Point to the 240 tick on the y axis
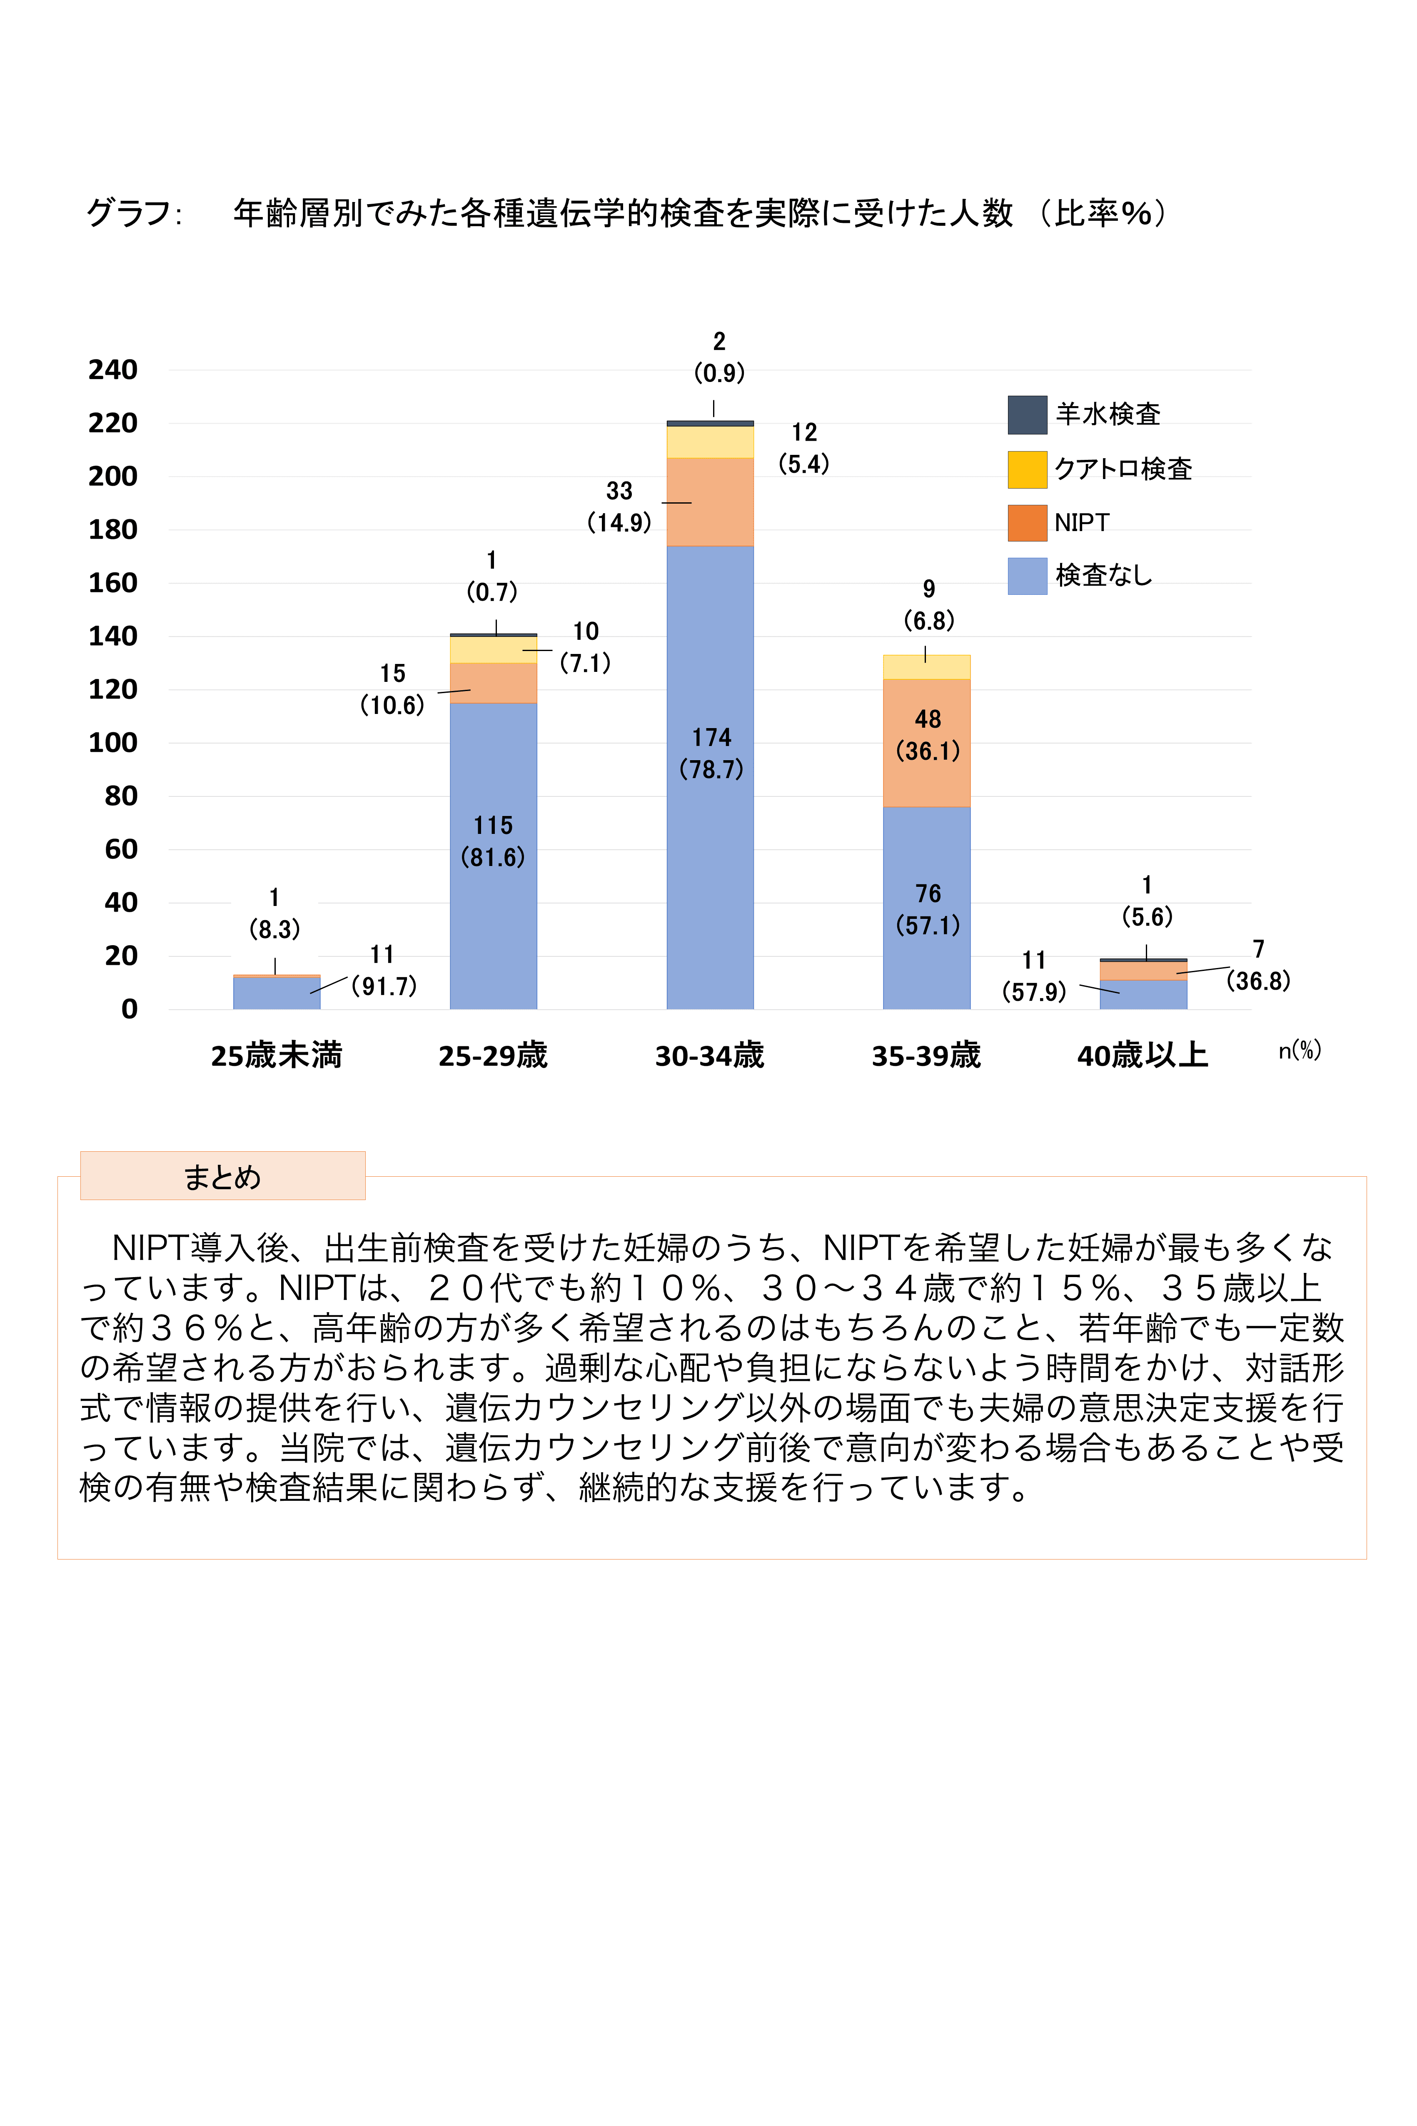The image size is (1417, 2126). [113, 369]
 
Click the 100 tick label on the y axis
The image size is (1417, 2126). [113, 743]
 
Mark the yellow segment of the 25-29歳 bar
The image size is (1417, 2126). [494, 650]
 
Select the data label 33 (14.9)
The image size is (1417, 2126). [619, 507]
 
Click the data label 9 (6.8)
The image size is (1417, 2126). [928, 605]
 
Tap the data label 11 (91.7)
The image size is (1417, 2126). [383, 971]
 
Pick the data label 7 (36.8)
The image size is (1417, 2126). [1258, 965]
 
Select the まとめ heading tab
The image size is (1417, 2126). [222, 1176]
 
